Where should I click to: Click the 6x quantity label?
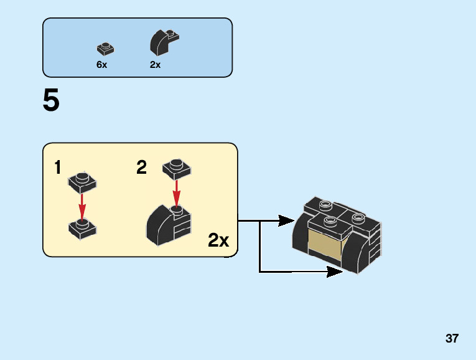tap(101, 65)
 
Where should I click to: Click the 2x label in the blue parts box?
tap(155, 65)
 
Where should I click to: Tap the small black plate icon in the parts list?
tap(105, 49)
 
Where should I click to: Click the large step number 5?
tap(51, 100)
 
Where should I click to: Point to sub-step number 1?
tap(58, 168)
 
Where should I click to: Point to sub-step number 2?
tap(142, 168)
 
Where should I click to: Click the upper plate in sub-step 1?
tap(82, 182)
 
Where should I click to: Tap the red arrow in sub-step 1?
tap(82, 206)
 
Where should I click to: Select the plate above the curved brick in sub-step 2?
tap(177, 168)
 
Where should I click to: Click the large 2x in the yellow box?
tap(218, 240)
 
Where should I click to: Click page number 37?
tap(452, 339)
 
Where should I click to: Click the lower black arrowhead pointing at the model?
tap(334, 272)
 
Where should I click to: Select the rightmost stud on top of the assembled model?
tap(357, 217)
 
